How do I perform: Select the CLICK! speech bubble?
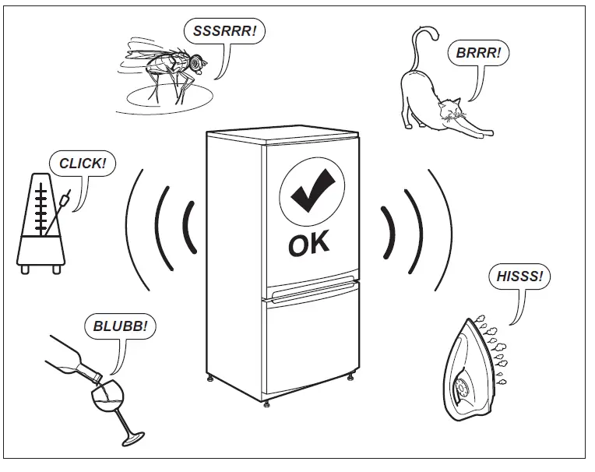pos(82,164)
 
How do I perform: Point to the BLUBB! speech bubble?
pos(119,326)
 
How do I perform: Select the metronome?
pos(44,226)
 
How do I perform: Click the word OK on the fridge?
pos(309,244)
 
